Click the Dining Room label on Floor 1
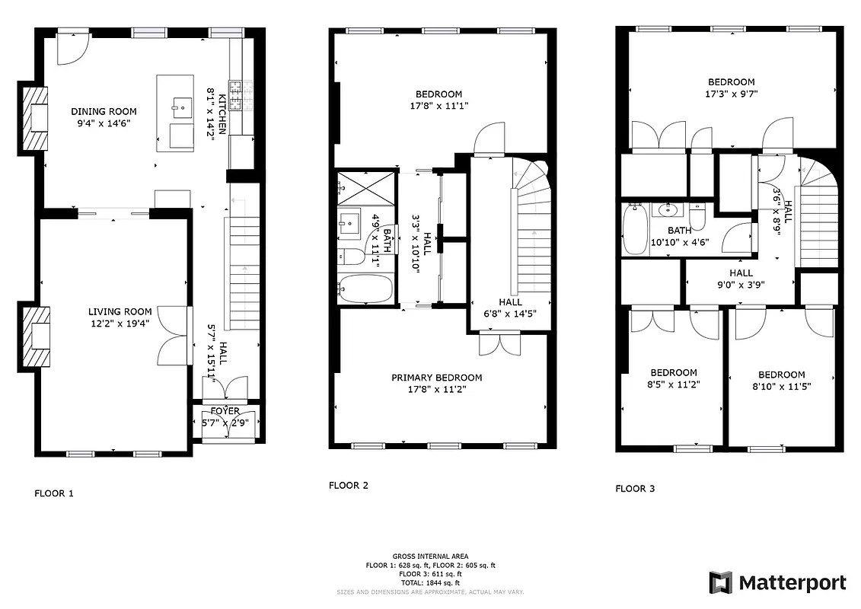click(104, 111)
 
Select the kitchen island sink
click(181, 107)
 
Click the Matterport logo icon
click(720, 583)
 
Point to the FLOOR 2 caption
click(349, 485)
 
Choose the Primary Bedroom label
click(436, 378)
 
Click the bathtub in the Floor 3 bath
click(634, 229)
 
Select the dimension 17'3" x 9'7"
click(731, 94)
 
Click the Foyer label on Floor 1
click(224, 412)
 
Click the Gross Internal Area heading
click(430, 556)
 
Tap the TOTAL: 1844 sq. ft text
click(430, 582)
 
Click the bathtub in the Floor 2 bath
click(365, 289)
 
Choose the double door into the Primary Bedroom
click(499, 344)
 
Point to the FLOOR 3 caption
click(635, 489)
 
